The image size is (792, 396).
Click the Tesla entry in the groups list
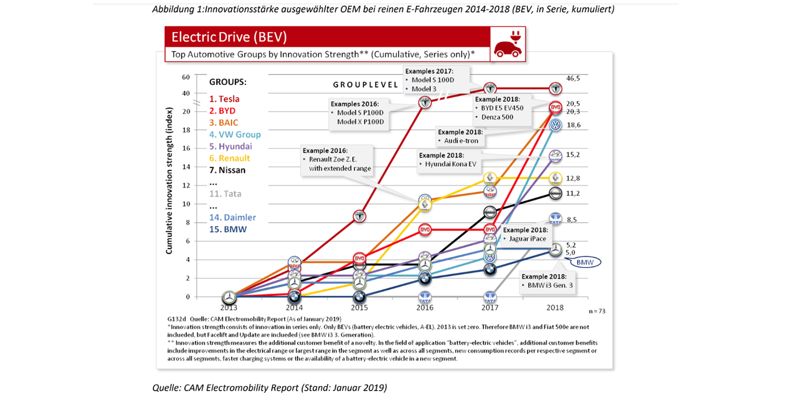(224, 99)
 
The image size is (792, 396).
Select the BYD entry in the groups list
(222, 111)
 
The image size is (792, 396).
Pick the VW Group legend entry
(234, 134)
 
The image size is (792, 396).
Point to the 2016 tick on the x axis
(425, 307)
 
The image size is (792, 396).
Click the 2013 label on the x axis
(229, 307)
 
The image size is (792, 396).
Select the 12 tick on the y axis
(185, 185)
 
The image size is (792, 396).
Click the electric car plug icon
(507, 44)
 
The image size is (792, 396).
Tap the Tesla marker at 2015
(359, 216)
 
